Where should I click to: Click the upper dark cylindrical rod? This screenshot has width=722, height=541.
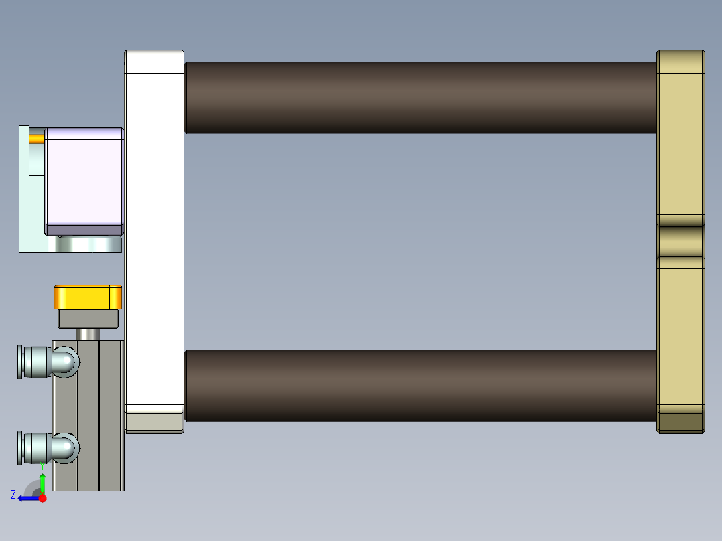pos(421,97)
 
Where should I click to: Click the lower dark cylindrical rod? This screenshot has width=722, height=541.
pos(421,385)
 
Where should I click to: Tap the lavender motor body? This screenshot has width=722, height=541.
pos(84,177)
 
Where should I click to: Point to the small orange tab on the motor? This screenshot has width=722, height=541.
pos(36,139)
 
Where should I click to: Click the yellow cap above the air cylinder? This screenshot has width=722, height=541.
pos(88,297)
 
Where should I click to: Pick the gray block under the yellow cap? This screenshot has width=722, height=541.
pos(88,318)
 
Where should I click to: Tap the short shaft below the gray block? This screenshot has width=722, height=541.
pos(88,333)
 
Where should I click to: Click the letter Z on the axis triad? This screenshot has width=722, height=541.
pos(13,495)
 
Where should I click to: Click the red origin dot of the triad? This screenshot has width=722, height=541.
pos(42,498)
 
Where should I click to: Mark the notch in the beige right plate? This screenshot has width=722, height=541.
pos(680,241)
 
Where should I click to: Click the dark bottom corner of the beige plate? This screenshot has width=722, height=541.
pos(680,422)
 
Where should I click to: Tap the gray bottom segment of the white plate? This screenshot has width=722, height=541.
pos(154,422)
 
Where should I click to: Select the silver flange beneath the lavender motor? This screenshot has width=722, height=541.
pos(90,245)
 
